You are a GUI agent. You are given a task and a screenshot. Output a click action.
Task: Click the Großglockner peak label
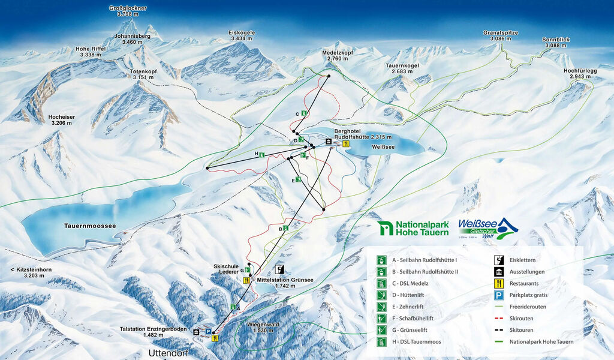(128, 11)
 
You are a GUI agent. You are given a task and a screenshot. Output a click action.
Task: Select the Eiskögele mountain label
(242, 35)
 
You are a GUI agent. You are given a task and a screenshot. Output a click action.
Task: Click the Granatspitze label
(500, 35)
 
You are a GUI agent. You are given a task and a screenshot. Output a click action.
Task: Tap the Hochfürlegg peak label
(580, 73)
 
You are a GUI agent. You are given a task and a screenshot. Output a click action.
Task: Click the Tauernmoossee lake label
(90, 226)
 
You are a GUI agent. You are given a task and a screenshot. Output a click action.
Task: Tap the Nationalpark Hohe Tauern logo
(413, 228)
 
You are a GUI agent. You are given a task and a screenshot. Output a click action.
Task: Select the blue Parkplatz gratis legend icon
(497, 295)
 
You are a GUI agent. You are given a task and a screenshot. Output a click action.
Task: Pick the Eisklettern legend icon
(497, 260)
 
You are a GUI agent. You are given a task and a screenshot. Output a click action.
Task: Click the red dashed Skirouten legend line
(497, 319)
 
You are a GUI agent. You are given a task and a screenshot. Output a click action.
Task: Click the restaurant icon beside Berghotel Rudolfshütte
(346, 143)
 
